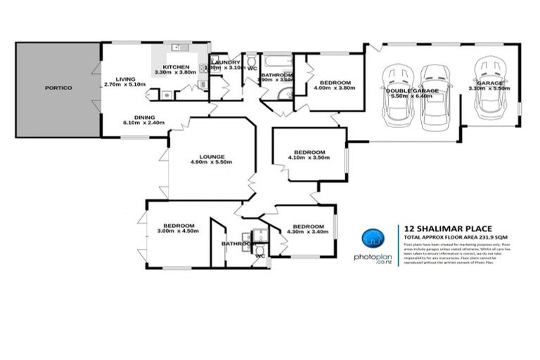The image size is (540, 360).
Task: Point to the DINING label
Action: point(144,117)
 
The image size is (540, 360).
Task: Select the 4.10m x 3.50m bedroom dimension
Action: point(309,159)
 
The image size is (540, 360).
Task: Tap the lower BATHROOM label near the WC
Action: point(237,244)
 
